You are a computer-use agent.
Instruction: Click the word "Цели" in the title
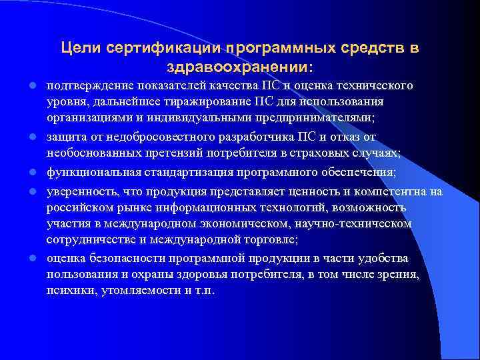click(x=77, y=48)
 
